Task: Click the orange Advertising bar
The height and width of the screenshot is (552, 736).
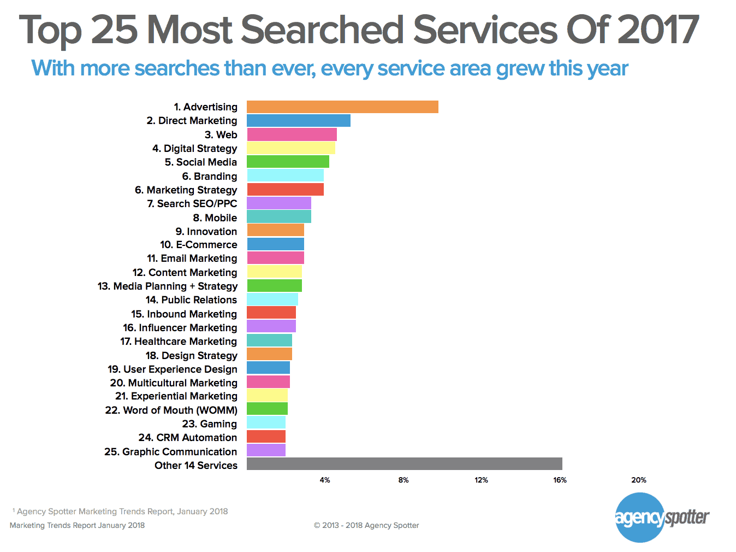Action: click(x=342, y=107)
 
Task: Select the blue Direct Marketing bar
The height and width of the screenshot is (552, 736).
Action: click(x=298, y=120)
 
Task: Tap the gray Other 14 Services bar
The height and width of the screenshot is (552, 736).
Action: click(x=404, y=464)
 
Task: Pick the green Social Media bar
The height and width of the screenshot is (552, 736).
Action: click(x=288, y=162)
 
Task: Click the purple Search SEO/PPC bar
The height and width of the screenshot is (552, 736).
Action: click(x=278, y=203)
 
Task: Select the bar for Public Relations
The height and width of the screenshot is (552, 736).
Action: click(x=272, y=300)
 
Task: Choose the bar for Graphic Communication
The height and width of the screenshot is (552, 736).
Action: click(x=266, y=450)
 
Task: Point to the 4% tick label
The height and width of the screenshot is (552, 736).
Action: click(x=325, y=480)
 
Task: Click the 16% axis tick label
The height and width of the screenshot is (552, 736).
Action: click(x=560, y=480)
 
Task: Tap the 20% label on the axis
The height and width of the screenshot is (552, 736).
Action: click(x=639, y=480)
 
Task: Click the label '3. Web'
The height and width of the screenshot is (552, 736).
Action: click(x=221, y=134)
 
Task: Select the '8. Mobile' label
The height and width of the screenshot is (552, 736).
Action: click(x=215, y=218)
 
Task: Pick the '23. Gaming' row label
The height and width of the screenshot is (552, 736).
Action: click(x=209, y=424)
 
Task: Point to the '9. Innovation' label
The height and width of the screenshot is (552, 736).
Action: click(x=206, y=231)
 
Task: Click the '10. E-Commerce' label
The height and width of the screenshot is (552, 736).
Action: click(x=198, y=245)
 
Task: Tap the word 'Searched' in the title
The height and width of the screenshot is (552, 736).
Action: click(x=322, y=30)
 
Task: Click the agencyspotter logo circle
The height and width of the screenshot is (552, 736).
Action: click(x=640, y=517)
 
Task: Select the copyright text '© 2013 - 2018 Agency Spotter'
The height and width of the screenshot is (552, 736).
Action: click(x=366, y=525)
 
